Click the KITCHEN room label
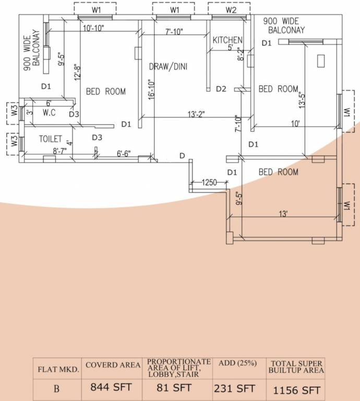[x=227, y=40]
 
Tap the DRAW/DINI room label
[x=168, y=66]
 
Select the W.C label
[x=50, y=112]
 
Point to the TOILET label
[x=51, y=139]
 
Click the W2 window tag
[x=231, y=10]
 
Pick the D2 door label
[x=221, y=89]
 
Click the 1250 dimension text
[x=209, y=182]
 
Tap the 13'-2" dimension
[x=196, y=114]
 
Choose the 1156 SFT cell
[x=296, y=390]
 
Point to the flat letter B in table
[x=56, y=389]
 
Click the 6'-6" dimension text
[x=124, y=154]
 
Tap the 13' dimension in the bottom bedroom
[x=283, y=214]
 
